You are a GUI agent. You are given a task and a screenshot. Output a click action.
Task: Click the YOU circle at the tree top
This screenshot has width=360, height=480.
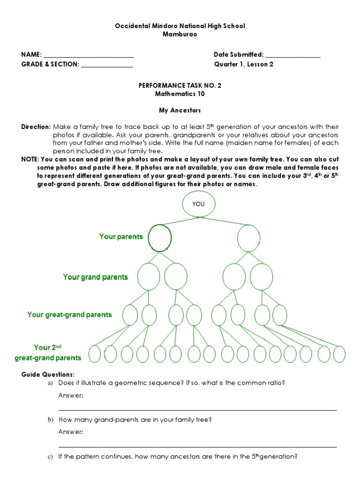(199, 204)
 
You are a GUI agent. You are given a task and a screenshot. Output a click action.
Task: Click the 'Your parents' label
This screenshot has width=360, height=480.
(121, 237)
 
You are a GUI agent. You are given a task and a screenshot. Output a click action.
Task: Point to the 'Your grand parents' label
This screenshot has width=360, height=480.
(95, 277)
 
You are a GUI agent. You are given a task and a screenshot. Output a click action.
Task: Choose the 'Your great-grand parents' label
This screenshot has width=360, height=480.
(69, 315)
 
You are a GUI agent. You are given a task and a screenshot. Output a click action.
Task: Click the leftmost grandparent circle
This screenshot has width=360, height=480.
(149, 276)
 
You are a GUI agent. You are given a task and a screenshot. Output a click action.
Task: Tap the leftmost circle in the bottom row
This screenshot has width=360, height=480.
(95, 354)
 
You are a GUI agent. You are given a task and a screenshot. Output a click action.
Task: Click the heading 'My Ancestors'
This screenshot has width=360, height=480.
(180, 111)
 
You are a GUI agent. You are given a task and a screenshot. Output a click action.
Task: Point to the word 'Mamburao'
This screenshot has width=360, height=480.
(180, 34)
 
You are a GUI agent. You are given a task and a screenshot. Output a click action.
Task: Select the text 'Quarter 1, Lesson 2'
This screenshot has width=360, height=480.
(244, 65)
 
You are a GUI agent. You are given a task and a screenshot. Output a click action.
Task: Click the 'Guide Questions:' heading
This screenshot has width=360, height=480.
(48, 375)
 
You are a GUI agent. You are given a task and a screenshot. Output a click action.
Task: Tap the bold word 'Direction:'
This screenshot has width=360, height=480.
(36, 127)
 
